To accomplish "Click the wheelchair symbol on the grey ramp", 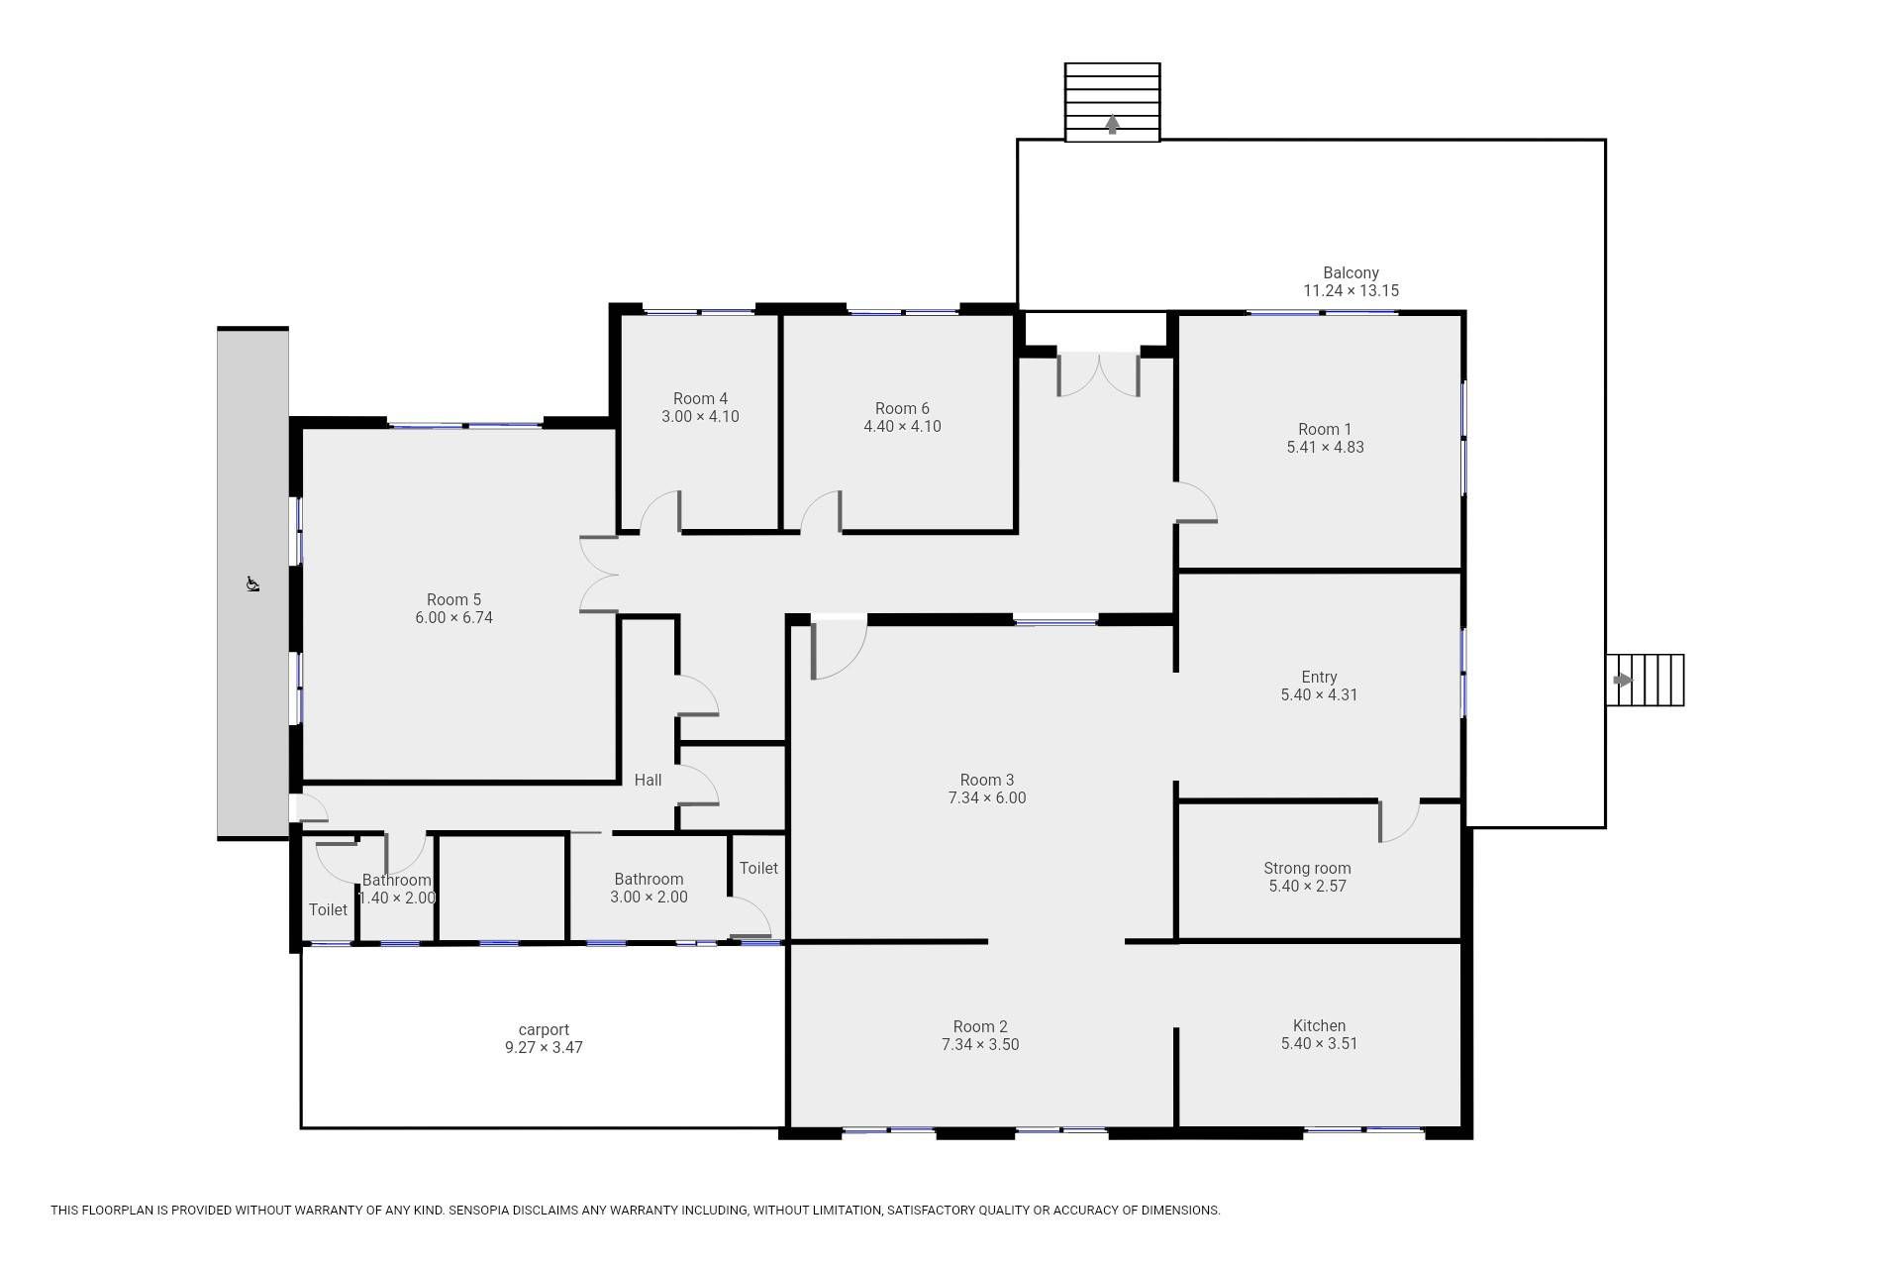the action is point(252,583).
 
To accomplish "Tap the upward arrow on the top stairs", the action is point(1112,124).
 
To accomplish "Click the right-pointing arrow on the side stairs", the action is point(1623,680).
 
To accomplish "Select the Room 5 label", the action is point(453,599).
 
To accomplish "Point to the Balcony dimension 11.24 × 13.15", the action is point(1351,290).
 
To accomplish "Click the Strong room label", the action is point(1307,868).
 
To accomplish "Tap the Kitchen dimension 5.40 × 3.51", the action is point(1319,1043).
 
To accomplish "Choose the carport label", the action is point(544,1030).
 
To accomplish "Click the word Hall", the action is point(648,780).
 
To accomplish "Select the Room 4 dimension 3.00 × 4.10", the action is point(700,416).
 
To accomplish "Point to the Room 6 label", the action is point(902,408).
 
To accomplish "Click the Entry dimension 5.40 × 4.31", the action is point(1319,694).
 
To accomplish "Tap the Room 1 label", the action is point(1325,429).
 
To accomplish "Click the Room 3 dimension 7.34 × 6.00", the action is point(986,797).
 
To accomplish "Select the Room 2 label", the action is point(980,1026).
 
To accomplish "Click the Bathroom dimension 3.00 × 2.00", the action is point(649,897).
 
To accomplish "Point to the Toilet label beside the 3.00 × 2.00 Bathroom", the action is point(758,868).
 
